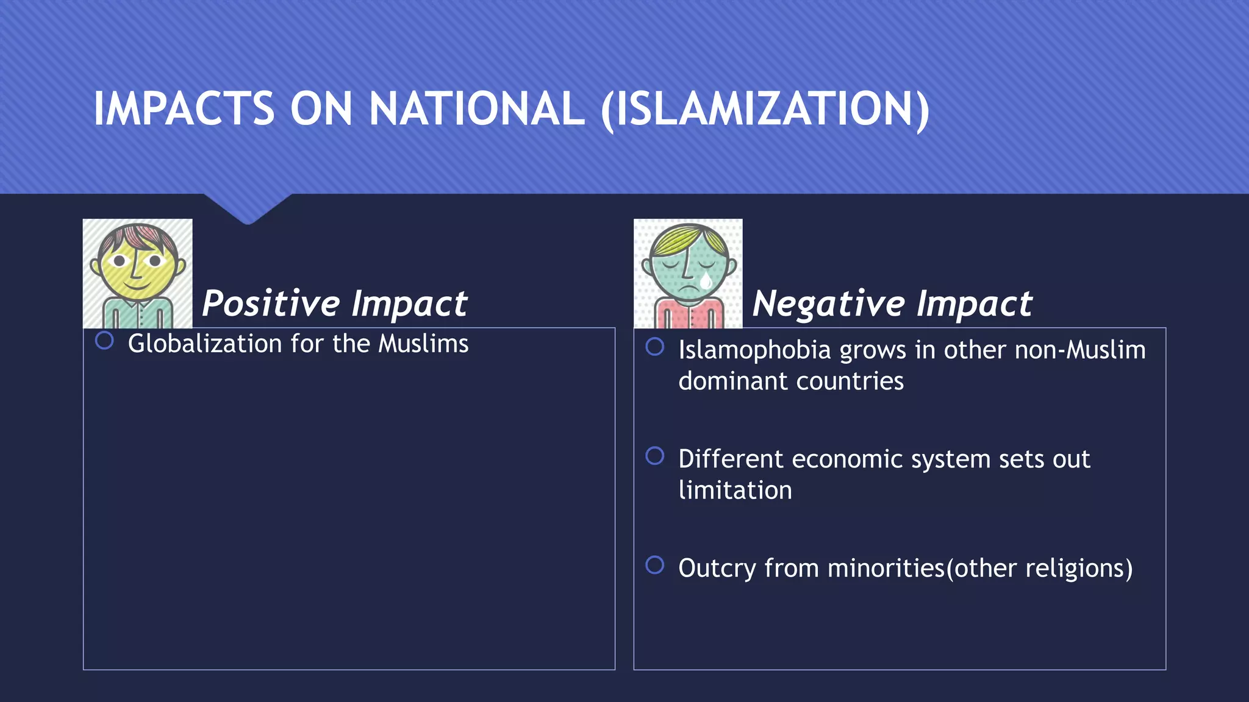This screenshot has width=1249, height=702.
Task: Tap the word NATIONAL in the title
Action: [476, 110]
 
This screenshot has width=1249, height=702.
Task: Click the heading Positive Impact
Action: [334, 303]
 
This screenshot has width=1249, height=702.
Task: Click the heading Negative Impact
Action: [892, 303]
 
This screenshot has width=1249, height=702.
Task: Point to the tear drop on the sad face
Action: [706, 280]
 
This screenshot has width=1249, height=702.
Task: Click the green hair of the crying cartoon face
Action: [687, 237]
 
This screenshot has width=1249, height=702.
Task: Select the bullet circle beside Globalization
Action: [104, 341]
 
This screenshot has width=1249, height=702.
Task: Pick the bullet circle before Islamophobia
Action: [654, 347]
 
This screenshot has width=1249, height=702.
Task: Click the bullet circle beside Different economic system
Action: [654, 456]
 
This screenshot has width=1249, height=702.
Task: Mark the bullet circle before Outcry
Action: [654, 565]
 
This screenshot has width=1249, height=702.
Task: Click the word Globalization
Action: [205, 344]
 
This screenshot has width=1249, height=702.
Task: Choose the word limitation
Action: [735, 491]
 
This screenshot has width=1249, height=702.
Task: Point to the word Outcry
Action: [717, 569]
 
